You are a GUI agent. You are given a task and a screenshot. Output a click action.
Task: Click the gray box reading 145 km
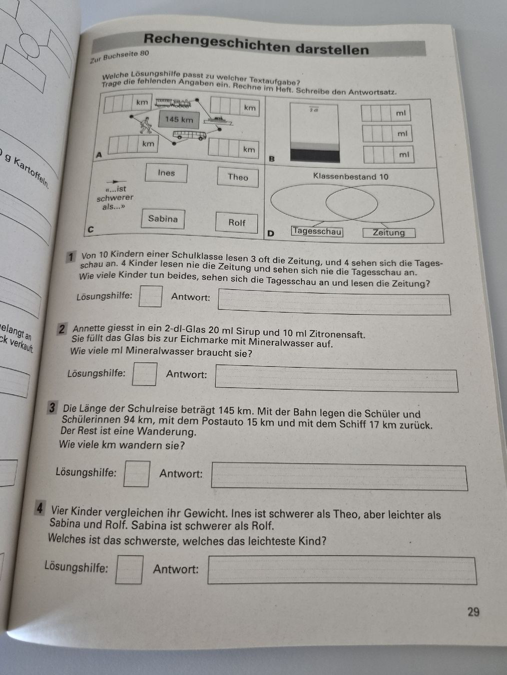coord(179,119)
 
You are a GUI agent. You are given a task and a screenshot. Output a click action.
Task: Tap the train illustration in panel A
coord(173,103)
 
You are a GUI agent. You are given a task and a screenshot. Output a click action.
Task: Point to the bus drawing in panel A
coord(189,134)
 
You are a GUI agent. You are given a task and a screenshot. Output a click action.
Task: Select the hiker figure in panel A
coord(145,125)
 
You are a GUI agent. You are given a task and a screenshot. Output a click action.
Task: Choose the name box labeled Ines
coord(166,173)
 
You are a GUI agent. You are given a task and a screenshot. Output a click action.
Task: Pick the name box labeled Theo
coord(238,177)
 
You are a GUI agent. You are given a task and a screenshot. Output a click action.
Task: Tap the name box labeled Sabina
coord(163,219)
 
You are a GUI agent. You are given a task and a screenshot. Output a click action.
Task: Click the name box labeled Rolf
coord(237,222)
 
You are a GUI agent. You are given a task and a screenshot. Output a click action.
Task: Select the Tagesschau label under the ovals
coord(317,231)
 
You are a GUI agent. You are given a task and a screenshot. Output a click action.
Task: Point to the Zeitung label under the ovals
coord(389,233)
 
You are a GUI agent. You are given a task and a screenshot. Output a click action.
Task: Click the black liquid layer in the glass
coord(315,155)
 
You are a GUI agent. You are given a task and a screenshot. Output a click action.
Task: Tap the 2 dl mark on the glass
coord(314,110)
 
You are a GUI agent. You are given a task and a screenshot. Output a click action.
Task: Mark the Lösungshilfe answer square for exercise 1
coord(151,296)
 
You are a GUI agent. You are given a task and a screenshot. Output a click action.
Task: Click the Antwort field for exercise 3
coord(339,476)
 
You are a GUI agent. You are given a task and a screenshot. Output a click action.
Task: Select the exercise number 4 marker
coord(40,508)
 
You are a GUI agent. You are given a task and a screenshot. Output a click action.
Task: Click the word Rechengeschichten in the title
coord(217,42)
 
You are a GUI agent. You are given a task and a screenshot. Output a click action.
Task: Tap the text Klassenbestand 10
coord(351,176)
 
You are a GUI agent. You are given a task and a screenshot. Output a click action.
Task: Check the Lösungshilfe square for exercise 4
coord(129,569)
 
